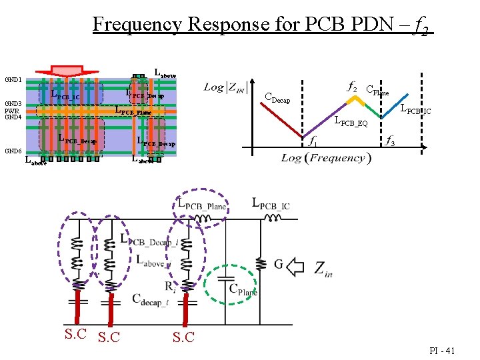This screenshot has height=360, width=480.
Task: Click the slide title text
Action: (x=263, y=25)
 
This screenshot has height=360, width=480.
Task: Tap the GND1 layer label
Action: (x=13, y=80)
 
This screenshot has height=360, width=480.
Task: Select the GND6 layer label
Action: (x=13, y=151)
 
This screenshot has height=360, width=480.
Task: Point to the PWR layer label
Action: (x=12, y=111)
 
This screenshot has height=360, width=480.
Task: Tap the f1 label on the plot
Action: (x=311, y=141)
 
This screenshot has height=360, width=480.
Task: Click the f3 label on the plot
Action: (x=389, y=141)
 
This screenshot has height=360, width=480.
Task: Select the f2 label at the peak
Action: (x=352, y=87)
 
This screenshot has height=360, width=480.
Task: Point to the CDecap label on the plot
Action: (x=277, y=99)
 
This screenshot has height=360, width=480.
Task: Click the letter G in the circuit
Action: (x=279, y=265)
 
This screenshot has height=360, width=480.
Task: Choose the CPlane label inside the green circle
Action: (x=243, y=290)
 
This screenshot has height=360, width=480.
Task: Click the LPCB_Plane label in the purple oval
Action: (x=203, y=205)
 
